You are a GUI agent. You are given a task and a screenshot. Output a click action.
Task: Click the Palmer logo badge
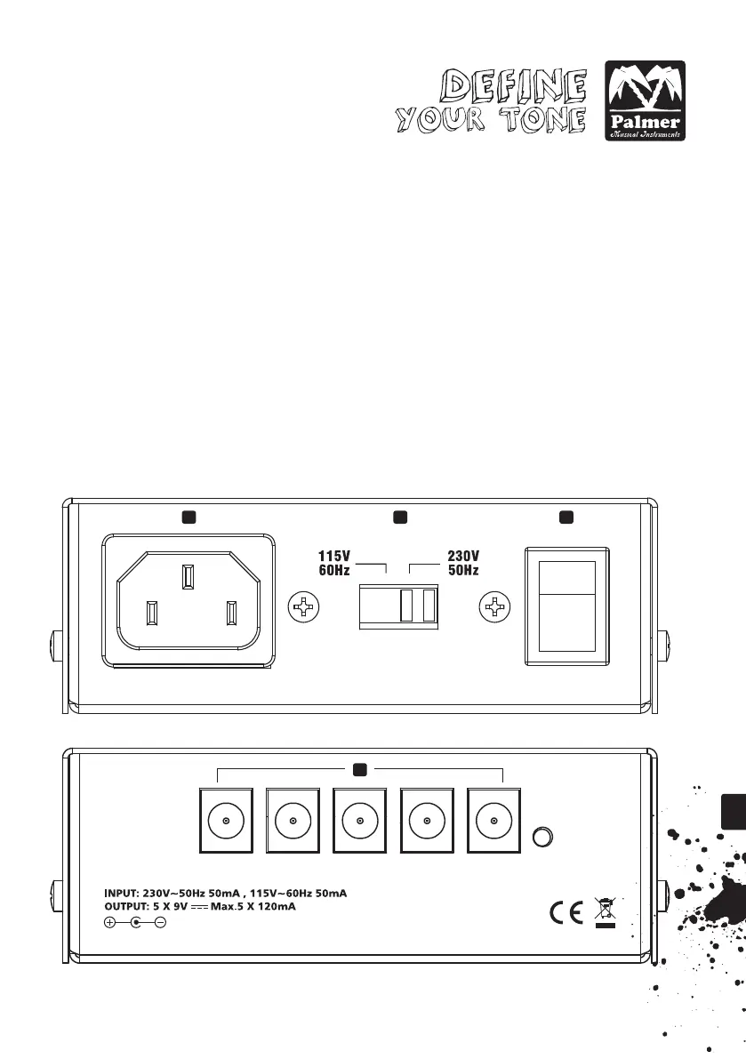[x=645, y=100]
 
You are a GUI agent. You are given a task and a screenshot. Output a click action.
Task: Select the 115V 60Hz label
[x=334, y=563]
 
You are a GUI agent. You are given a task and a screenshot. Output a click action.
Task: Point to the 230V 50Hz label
[x=462, y=563]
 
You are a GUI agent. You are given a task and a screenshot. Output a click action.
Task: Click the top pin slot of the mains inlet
[x=187, y=576]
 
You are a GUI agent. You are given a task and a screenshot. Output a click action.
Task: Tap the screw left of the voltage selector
[x=304, y=608]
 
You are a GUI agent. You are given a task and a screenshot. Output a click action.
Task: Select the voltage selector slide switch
[x=398, y=606]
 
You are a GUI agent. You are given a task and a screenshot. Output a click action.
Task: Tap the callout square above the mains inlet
[x=188, y=517]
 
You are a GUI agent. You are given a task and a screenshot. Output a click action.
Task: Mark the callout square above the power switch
[x=566, y=517]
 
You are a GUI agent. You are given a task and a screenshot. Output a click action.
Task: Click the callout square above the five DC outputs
[x=360, y=769]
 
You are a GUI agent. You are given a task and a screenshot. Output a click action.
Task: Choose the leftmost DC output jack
[x=228, y=822]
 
